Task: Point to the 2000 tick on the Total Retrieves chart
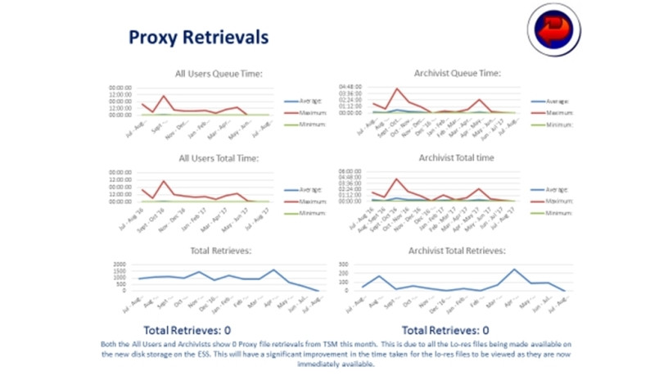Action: [x=119, y=266]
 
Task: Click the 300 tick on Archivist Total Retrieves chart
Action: [x=345, y=266]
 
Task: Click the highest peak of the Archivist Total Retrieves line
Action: [x=514, y=270]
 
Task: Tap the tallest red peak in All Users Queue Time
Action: [x=163, y=96]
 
